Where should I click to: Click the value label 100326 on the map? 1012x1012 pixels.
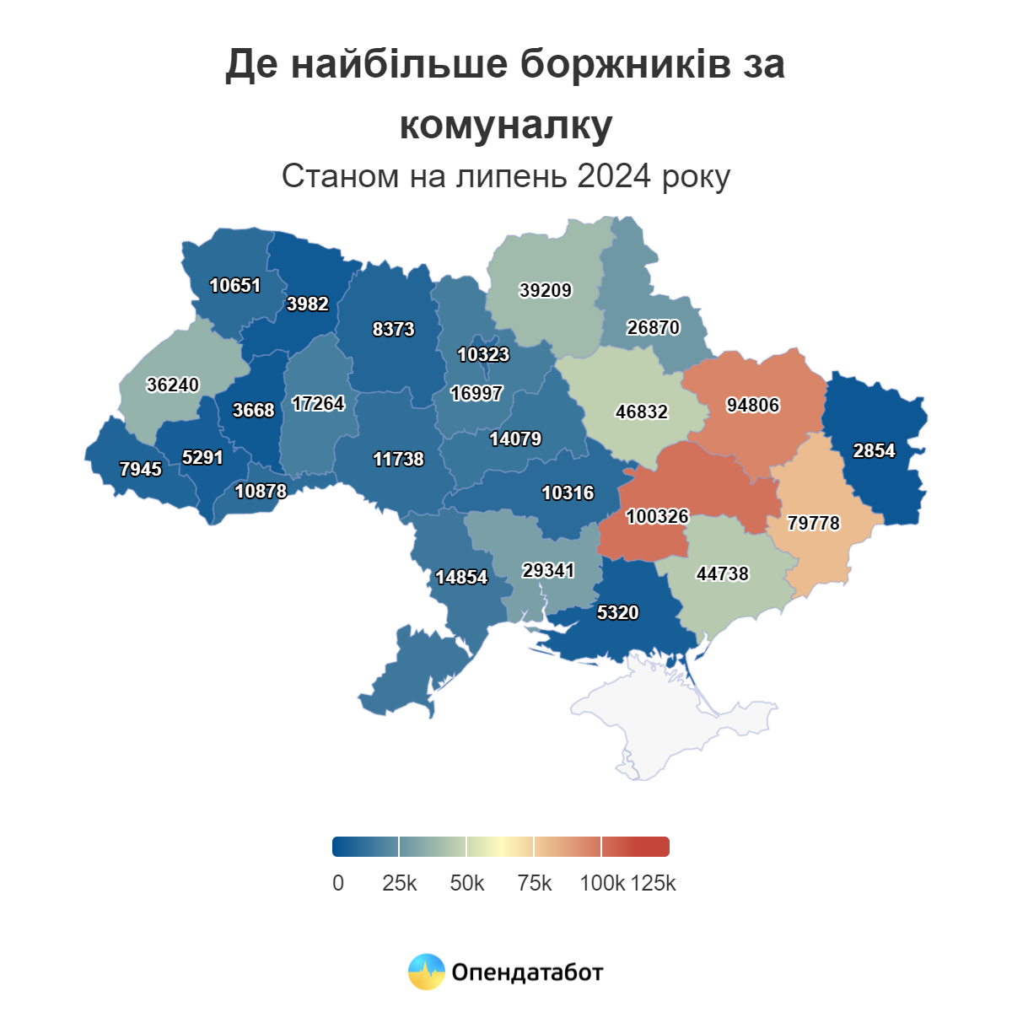657,516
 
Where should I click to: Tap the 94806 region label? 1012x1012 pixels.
753,405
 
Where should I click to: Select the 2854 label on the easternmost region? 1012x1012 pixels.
874,450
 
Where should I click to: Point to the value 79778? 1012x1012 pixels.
814,523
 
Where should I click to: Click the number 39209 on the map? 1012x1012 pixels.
546,290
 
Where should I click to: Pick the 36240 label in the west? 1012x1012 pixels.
173,385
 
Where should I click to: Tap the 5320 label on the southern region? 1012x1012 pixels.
617,612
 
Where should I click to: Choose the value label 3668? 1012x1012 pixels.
253,410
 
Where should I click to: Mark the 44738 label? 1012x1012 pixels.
723,573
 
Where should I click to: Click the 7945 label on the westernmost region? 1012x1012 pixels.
140,469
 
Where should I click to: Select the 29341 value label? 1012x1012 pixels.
548,570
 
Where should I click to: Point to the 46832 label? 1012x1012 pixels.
642,412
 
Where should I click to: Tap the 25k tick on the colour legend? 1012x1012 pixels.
400,883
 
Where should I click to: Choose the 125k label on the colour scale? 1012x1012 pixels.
654,883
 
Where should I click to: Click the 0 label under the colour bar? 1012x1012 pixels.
338,883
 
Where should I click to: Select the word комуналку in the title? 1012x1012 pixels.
506,126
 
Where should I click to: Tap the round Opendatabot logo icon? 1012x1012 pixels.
427,972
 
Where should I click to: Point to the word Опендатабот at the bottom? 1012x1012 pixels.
528,972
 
